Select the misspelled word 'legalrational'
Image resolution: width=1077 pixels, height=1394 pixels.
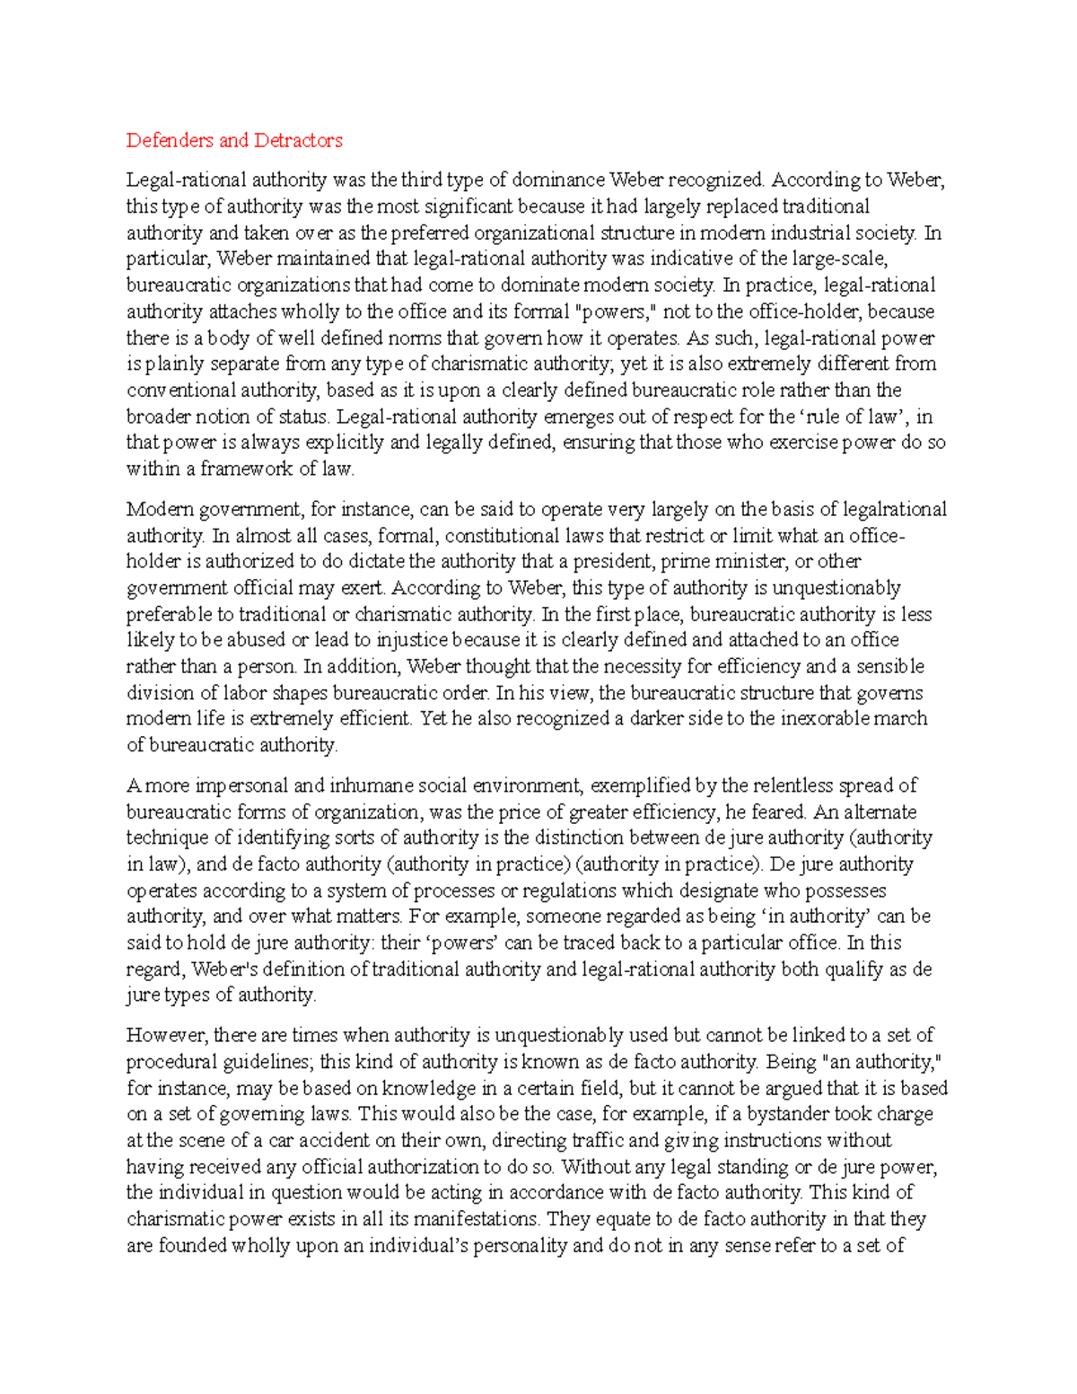point(894,510)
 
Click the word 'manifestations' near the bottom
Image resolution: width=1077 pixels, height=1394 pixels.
point(477,1219)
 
